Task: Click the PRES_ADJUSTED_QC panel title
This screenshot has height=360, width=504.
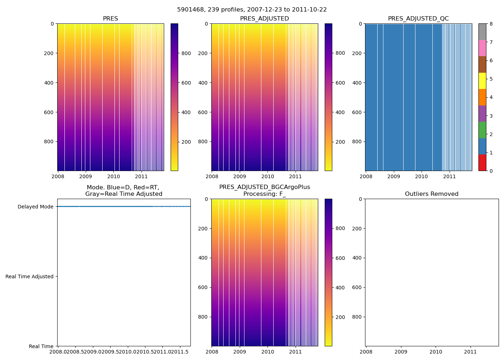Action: (x=418, y=19)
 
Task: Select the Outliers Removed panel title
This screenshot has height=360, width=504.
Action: (x=432, y=194)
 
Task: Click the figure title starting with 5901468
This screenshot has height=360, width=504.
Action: (x=252, y=10)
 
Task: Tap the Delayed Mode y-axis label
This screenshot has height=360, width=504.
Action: (x=35, y=207)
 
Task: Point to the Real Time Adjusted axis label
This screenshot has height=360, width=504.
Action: (x=30, y=276)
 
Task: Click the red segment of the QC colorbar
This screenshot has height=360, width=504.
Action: (x=482, y=163)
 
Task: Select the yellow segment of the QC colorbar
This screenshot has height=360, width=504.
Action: (x=482, y=81)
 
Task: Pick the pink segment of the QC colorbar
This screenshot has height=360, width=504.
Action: (x=482, y=48)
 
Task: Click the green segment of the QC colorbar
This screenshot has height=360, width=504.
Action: (x=482, y=130)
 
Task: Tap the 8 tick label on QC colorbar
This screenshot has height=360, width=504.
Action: (x=491, y=24)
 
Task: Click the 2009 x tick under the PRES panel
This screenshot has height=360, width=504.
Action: (x=85, y=176)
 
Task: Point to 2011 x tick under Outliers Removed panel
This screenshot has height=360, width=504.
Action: (x=471, y=352)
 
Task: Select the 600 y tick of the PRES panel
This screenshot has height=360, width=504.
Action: (x=49, y=112)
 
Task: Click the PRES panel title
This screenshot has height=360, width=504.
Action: (x=110, y=19)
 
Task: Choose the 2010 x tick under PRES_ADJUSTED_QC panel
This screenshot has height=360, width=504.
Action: (x=422, y=176)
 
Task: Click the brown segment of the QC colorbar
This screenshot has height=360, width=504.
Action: (x=482, y=64)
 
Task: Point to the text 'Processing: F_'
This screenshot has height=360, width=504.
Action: (x=265, y=194)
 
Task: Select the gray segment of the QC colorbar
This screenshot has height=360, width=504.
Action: (x=482, y=32)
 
